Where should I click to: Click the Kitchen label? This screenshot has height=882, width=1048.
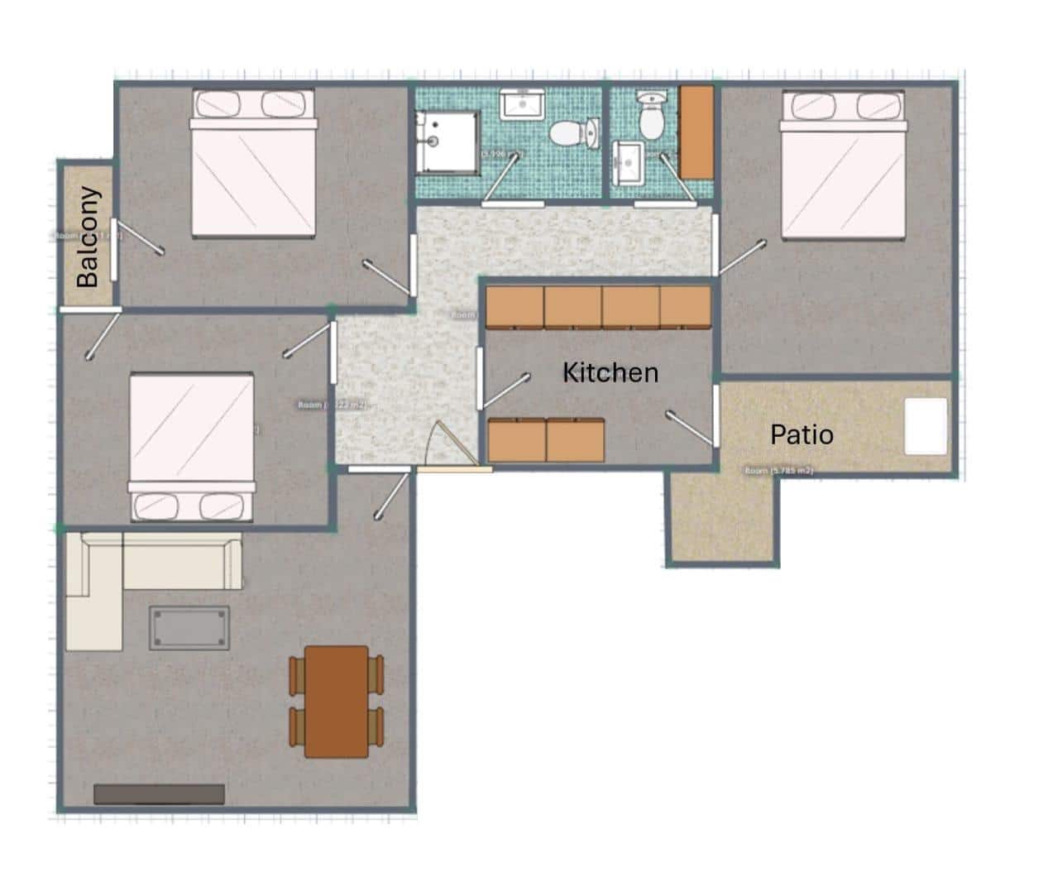point(610,372)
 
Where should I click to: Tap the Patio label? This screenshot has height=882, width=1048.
point(801,434)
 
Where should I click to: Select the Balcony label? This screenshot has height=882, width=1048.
point(88,237)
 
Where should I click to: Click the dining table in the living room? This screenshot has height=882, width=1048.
point(337,702)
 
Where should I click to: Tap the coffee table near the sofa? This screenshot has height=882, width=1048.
point(189,628)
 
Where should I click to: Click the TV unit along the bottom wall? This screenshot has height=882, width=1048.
point(159,794)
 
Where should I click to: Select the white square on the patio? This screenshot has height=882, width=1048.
point(925,426)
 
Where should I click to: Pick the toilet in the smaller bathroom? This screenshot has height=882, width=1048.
point(652,117)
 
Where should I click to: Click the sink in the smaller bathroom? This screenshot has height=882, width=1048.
point(628,163)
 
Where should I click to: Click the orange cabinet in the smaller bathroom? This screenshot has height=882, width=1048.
point(696,132)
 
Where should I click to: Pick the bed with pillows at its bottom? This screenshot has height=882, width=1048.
point(191,447)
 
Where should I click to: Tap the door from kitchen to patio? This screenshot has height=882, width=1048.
point(714,415)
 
